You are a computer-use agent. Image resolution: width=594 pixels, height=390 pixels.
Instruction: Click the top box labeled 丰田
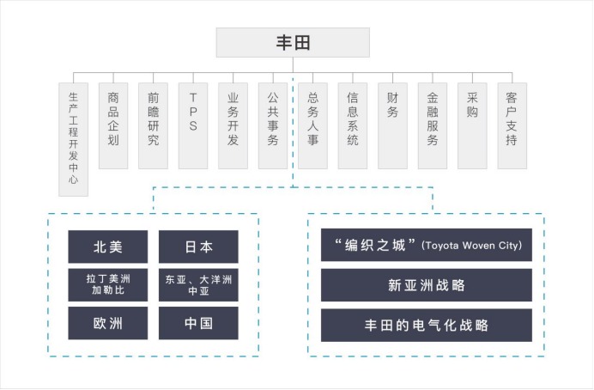click(293, 42)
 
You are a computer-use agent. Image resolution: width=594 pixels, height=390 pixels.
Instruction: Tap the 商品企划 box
click(113, 125)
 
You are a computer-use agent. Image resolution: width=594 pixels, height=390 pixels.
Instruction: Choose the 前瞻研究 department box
click(153, 125)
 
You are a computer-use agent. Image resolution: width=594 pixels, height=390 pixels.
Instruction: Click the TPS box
click(193, 125)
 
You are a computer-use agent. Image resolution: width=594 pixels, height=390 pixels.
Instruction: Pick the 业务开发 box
click(233, 125)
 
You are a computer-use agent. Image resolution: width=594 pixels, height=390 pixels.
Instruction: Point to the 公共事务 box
click(273, 125)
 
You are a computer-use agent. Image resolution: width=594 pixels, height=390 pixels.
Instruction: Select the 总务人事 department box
click(312, 125)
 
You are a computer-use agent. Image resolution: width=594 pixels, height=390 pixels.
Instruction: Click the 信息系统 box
click(353, 125)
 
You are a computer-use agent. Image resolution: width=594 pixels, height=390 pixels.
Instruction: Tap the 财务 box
click(392, 125)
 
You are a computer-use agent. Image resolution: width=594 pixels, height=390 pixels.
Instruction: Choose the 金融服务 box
click(433, 125)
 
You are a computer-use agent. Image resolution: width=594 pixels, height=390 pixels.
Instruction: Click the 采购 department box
click(472, 125)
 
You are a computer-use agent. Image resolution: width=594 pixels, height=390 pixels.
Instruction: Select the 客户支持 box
click(512, 125)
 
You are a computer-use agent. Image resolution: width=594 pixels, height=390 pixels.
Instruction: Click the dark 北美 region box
click(108, 247)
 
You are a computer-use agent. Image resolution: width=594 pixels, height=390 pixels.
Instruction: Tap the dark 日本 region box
click(198, 247)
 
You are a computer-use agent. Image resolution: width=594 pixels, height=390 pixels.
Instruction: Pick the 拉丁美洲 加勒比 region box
click(108, 285)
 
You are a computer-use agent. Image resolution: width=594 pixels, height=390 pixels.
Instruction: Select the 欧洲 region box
click(108, 324)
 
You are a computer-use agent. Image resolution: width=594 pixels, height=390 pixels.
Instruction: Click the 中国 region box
click(198, 324)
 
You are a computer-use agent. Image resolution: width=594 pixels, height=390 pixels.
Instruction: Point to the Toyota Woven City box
click(427, 245)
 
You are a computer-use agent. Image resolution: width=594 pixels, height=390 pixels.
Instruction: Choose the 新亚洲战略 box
click(427, 285)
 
